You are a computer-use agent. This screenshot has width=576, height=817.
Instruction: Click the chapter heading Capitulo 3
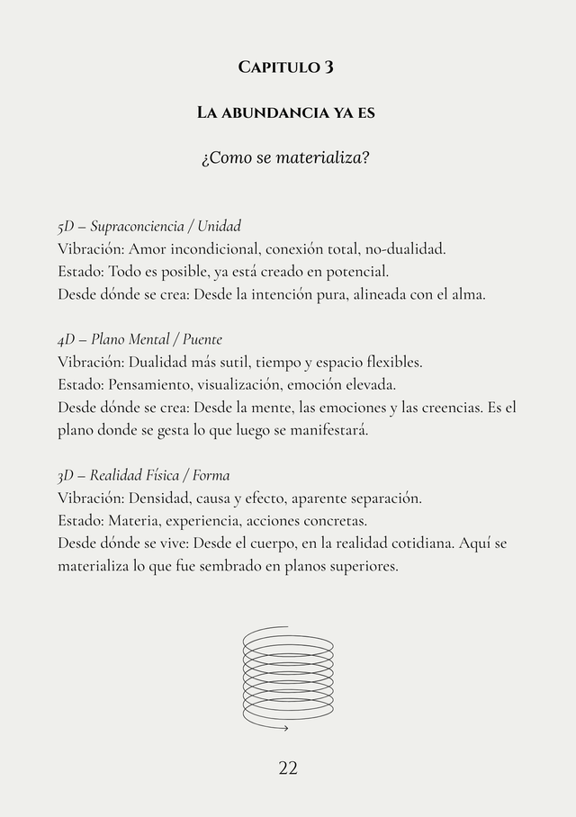287,67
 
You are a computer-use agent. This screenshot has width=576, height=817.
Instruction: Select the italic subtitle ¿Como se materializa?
287,159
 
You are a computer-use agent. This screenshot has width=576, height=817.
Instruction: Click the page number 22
288,768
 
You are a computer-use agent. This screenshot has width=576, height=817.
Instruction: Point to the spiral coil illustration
287,677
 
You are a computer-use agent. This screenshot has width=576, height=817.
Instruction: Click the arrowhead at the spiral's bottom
285,727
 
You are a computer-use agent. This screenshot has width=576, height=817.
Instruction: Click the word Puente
202,339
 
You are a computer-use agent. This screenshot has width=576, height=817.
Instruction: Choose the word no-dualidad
404,248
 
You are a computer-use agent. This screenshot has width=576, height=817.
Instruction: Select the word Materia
132,521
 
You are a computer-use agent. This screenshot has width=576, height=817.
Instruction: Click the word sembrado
232,566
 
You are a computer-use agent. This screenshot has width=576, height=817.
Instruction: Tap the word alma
468,293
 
